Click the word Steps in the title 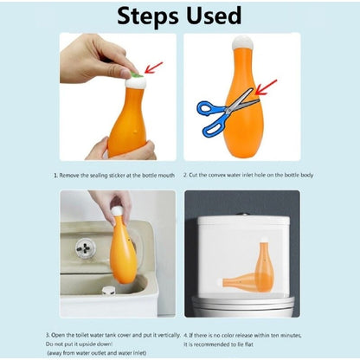click(148, 16)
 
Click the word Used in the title click(214, 15)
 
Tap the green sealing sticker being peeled click(137, 75)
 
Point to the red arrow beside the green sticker click(153, 67)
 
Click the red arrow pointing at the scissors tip click(266, 87)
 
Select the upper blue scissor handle click(209, 108)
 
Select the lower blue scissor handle click(214, 128)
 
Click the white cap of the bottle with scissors click(243, 43)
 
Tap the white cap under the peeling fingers click(136, 83)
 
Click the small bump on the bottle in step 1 click(136, 132)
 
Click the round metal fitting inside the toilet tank click(86, 247)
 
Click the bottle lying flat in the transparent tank click(242, 281)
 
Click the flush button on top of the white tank click(244, 215)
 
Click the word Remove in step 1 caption click(69, 176)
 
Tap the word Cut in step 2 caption click(193, 175)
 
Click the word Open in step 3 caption click(58, 335)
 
